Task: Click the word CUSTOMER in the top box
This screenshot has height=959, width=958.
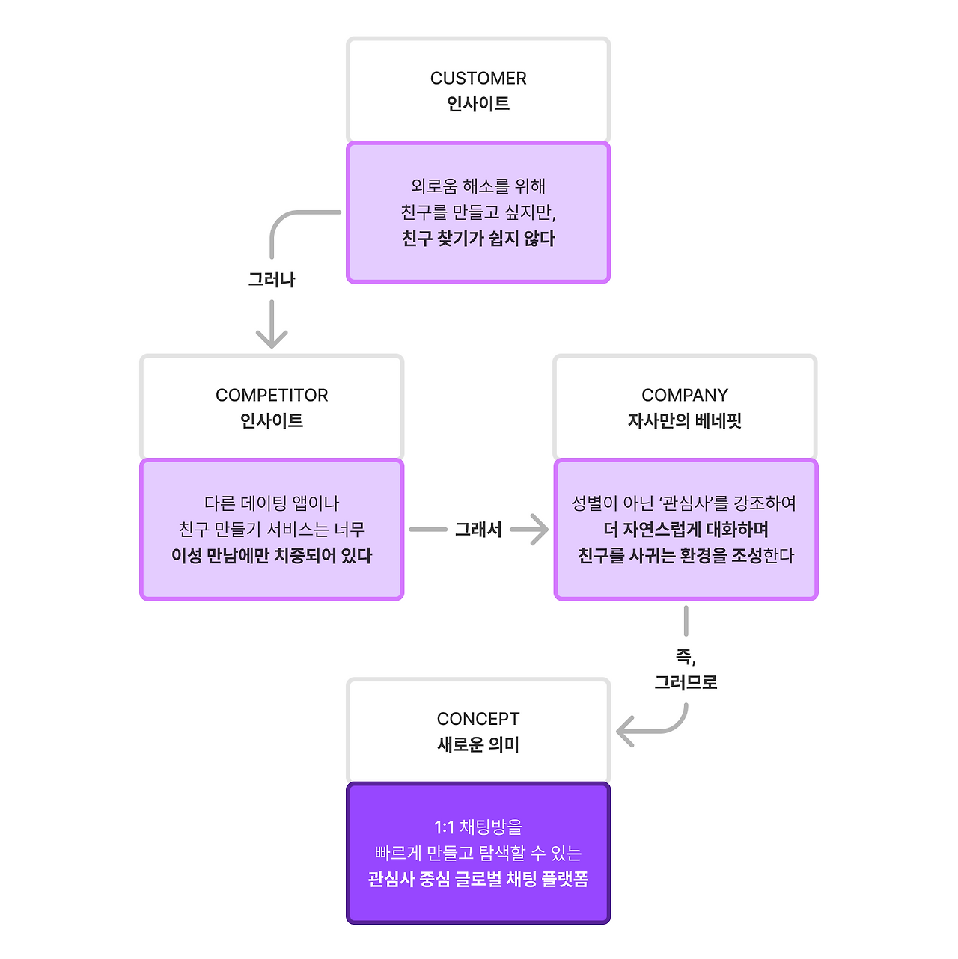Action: (478, 78)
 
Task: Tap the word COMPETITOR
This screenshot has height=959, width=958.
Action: (272, 395)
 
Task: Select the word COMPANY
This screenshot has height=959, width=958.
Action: (685, 395)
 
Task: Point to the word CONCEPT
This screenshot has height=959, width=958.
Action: (478, 719)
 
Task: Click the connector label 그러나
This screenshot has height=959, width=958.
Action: (272, 280)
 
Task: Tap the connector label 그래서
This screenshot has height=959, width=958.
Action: (478, 530)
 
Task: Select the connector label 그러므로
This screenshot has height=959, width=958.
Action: (686, 682)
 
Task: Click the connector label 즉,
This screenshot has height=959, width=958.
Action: (686, 657)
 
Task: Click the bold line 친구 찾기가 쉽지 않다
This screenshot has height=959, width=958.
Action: (478, 239)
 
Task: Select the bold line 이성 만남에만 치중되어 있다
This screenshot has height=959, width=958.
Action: (272, 556)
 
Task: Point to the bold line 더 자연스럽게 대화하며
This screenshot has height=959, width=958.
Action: (686, 530)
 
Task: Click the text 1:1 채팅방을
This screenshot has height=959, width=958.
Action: (478, 827)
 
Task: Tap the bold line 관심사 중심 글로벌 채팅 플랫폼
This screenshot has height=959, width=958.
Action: (478, 879)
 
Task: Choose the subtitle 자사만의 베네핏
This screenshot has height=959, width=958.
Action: (685, 420)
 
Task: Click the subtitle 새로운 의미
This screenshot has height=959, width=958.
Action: (478, 744)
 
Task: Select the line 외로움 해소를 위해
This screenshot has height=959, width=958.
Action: (478, 186)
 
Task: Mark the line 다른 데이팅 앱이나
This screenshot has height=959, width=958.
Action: (272, 503)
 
